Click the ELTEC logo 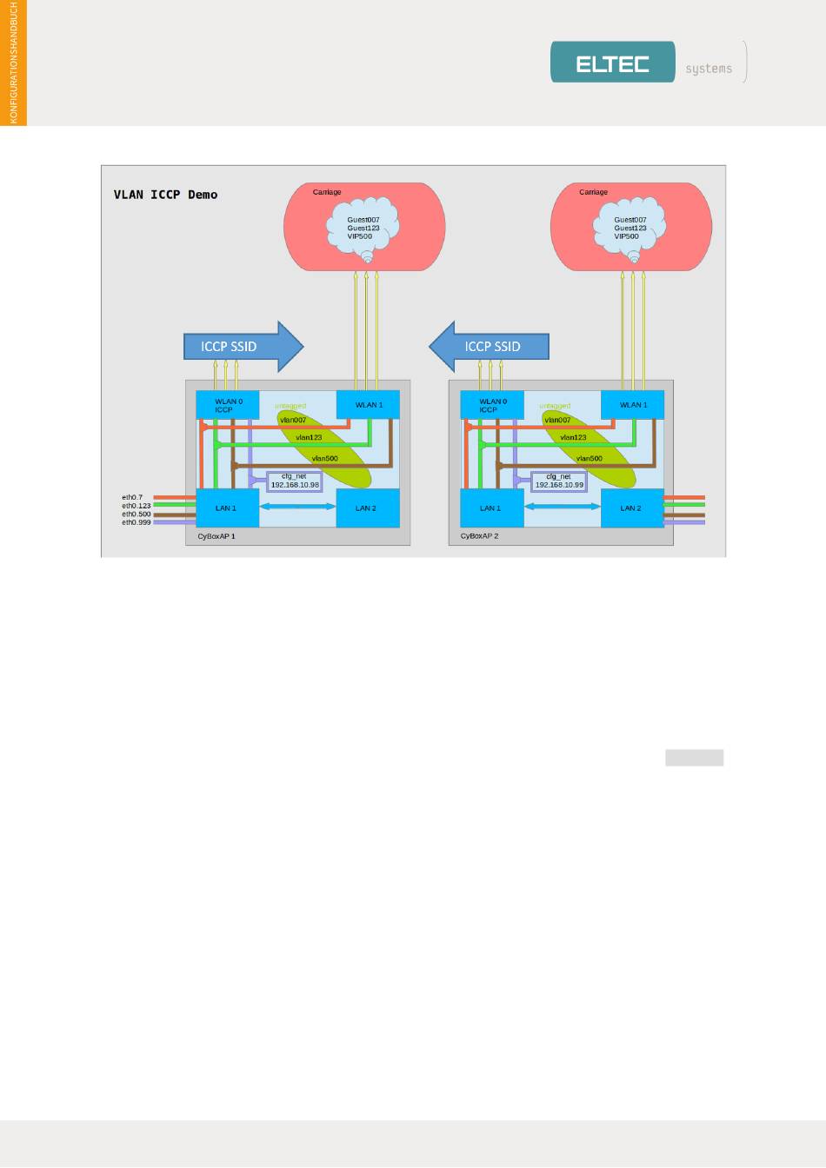(x=612, y=63)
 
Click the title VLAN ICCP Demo (x=165, y=195)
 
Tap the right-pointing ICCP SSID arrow (x=243, y=346)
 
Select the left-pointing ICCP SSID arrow (x=490, y=346)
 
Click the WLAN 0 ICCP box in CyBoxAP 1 (x=227, y=405)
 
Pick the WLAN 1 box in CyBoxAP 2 (x=633, y=405)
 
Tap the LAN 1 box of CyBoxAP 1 (x=226, y=508)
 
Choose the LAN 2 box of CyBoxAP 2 (x=631, y=508)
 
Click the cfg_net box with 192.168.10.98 (x=295, y=481)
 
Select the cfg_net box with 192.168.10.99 (x=559, y=481)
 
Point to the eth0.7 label (x=132, y=498)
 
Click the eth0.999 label (x=137, y=523)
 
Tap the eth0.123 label (x=137, y=506)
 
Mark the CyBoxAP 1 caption (x=216, y=536)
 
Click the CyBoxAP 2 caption (x=480, y=536)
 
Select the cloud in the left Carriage (x=363, y=228)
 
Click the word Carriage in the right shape (x=594, y=192)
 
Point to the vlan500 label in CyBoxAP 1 (x=324, y=458)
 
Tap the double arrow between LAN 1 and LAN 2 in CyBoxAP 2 (x=563, y=507)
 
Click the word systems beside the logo (x=709, y=69)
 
